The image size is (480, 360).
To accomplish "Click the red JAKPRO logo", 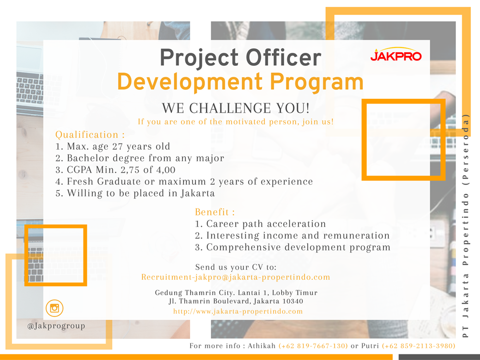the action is [x=396, y=54].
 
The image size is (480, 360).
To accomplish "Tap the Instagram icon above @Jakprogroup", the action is [x=55, y=308].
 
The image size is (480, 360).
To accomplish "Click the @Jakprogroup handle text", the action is [x=56, y=326].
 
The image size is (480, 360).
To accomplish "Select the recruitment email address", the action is [x=236, y=277].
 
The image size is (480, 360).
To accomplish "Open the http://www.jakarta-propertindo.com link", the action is [x=238, y=312].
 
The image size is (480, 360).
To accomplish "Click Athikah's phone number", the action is [x=313, y=346].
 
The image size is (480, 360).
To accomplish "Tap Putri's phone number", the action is [x=419, y=346].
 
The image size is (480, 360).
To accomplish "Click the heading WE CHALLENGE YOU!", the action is [x=236, y=108].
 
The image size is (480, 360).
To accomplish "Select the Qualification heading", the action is [x=90, y=135].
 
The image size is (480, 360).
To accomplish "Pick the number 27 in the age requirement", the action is [x=117, y=146].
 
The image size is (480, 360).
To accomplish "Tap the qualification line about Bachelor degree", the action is [x=140, y=158].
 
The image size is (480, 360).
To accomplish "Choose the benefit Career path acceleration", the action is [x=261, y=224].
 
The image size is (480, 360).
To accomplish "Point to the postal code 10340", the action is [x=293, y=301].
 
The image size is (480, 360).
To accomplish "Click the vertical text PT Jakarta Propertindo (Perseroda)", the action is [x=466, y=226].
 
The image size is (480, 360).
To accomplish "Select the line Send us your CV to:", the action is [x=236, y=267].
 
